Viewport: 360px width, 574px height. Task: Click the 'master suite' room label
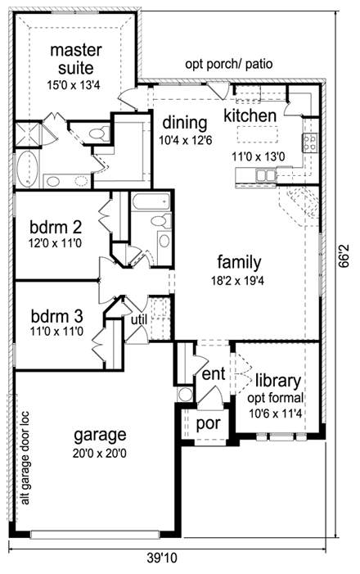(76, 59)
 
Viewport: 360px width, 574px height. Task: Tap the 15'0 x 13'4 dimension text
(76, 82)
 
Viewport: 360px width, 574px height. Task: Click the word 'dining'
(184, 123)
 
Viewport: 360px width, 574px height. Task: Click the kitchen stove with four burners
(310, 144)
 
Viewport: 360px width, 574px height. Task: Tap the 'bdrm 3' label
(54, 316)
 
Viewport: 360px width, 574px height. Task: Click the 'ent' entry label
(213, 373)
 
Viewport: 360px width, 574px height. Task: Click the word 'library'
(277, 381)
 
